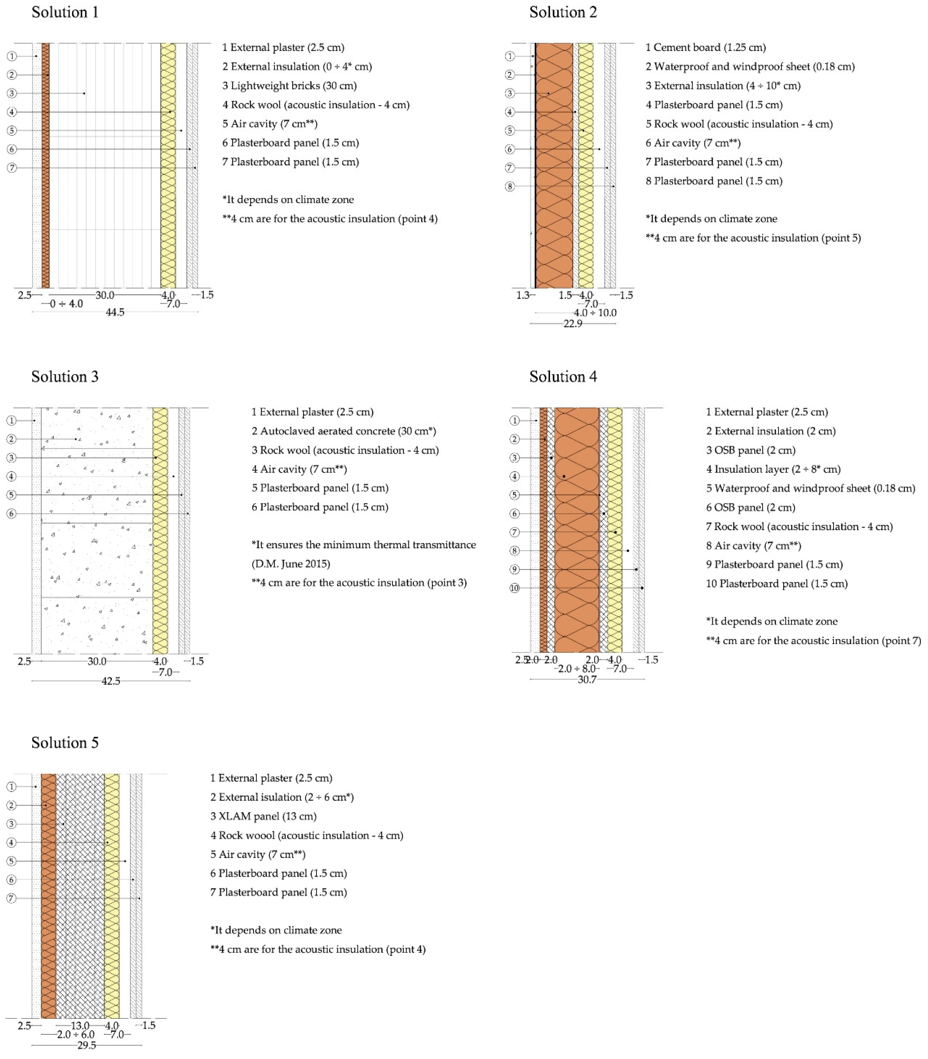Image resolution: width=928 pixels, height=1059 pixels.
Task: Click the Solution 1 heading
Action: (65, 12)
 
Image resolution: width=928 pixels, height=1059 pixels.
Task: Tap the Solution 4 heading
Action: (563, 377)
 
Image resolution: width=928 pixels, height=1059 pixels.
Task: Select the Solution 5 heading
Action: (65, 743)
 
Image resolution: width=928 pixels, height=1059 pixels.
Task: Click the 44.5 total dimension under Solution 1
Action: (115, 312)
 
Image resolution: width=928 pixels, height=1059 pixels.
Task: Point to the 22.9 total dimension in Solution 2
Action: (573, 324)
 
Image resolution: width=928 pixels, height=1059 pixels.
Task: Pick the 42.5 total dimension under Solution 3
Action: (111, 681)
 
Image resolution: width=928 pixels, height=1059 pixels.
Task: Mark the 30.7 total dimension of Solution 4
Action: (587, 679)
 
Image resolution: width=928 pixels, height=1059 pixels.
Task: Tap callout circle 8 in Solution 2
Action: (510, 187)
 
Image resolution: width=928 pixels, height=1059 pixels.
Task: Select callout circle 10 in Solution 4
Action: (514, 588)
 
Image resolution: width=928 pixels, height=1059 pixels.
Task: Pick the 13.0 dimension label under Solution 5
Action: (80, 1026)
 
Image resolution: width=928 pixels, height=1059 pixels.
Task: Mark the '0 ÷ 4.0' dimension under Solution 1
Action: (66, 304)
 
